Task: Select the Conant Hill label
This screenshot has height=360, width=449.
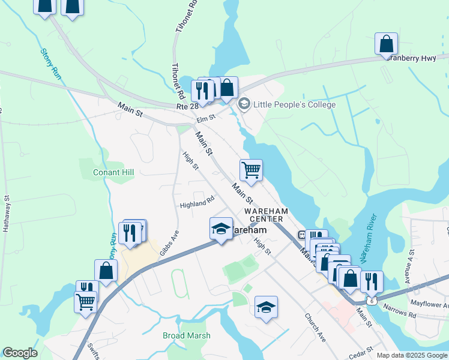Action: [x=113, y=172]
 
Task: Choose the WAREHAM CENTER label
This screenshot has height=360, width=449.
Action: [x=267, y=215]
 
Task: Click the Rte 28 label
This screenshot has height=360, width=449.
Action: [x=187, y=106]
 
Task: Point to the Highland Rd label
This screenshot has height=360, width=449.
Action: [x=197, y=204]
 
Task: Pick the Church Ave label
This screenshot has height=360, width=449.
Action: [x=315, y=328]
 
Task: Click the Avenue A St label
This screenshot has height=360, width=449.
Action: [x=411, y=262]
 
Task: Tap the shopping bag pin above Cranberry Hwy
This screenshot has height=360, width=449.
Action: [x=387, y=43]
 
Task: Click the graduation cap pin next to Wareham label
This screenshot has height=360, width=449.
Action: [x=221, y=229]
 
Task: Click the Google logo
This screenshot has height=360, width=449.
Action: [x=20, y=353]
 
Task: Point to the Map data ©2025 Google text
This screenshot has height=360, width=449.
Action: [x=412, y=355]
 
